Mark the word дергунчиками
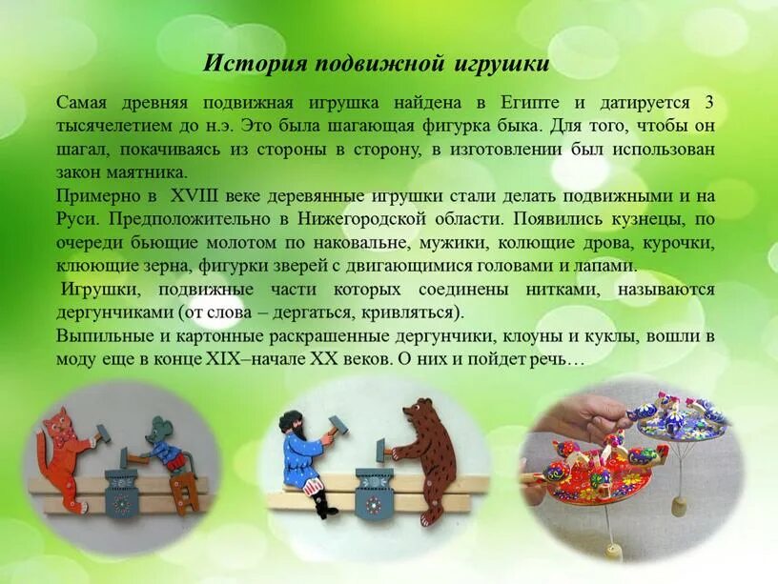(115, 312)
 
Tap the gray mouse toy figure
(165, 455)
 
